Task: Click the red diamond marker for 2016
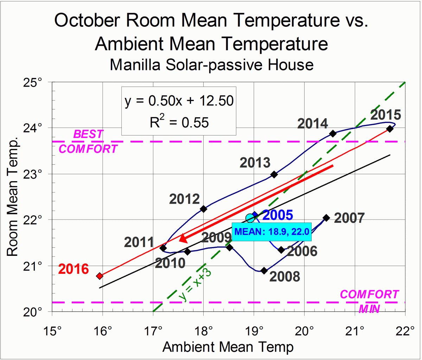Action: pyautogui.click(x=100, y=276)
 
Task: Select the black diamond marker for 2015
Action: pyautogui.click(x=390, y=129)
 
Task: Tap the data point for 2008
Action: pyautogui.click(x=264, y=271)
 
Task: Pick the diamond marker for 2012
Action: pyautogui.click(x=203, y=209)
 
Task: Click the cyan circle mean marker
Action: pyautogui.click(x=250, y=218)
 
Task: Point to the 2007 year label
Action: pyautogui.click(x=349, y=218)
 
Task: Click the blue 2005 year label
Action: pyautogui.click(x=277, y=215)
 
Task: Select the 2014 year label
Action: pyautogui.click(x=313, y=124)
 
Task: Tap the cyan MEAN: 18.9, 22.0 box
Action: pyautogui.click(x=271, y=232)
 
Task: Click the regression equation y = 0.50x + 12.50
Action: pyautogui.click(x=179, y=101)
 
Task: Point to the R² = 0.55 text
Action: pyautogui.click(x=179, y=122)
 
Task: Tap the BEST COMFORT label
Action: pyautogui.click(x=88, y=141)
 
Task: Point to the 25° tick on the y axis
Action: pyautogui.click(x=35, y=82)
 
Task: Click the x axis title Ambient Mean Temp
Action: pyautogui.click(x=228, y=347)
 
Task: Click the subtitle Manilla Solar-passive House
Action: pyautogui.click(x=211, y=65)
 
